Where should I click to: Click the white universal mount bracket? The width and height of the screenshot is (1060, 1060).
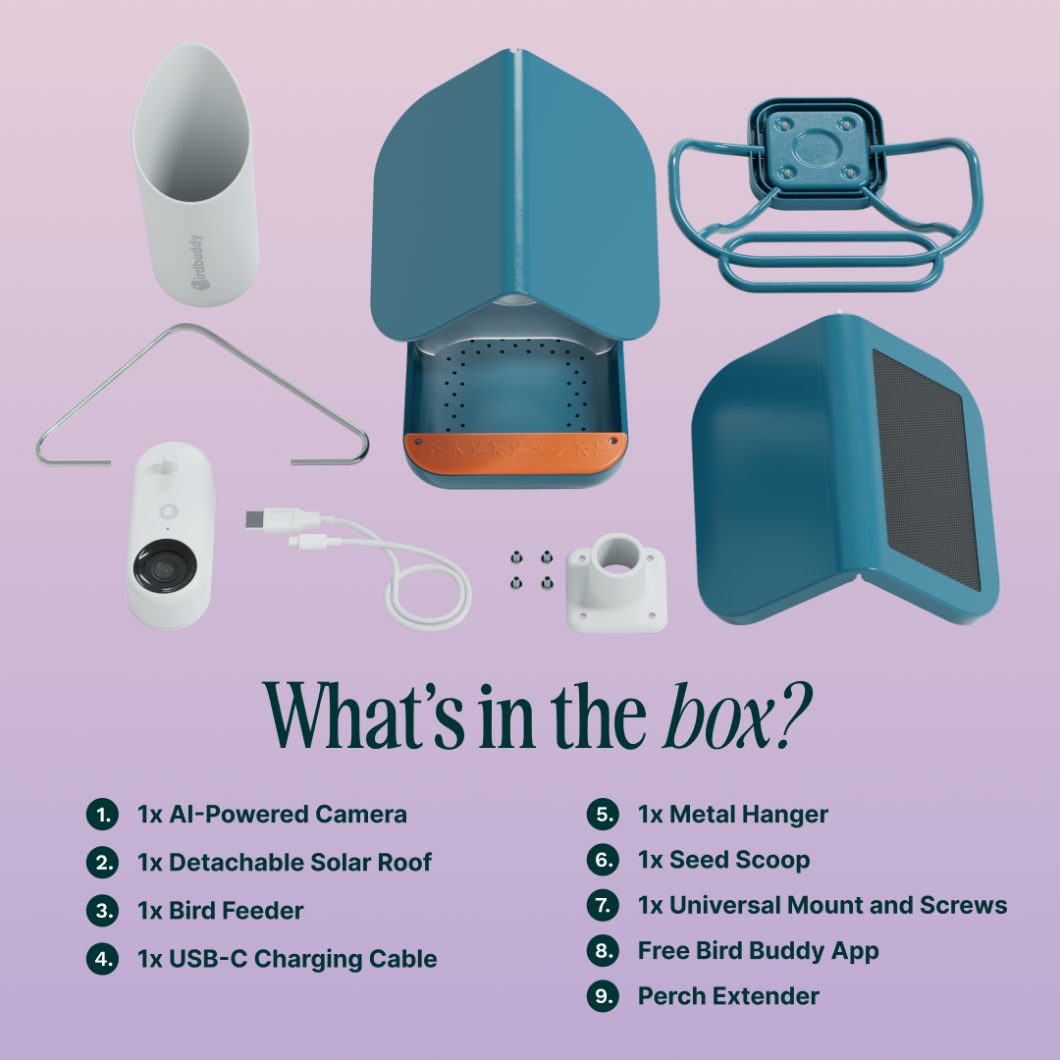tap(617, 581)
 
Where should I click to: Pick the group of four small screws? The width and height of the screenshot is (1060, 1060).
tap(530, 570)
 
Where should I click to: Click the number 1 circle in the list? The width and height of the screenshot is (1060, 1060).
tap(102, 814)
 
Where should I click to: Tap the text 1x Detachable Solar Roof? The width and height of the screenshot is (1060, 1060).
tap(285, 862)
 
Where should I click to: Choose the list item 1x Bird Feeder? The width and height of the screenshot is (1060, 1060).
tap(221, 910)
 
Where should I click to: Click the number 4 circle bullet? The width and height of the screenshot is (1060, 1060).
tap(102, 958)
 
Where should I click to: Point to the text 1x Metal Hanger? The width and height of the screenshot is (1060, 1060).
tap(732, 814)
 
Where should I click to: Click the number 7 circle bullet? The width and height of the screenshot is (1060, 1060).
tap(603, 905)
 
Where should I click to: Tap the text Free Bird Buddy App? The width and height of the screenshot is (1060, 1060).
tap(758, 950)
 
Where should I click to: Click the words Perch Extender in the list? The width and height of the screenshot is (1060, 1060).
tap(728, 996)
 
